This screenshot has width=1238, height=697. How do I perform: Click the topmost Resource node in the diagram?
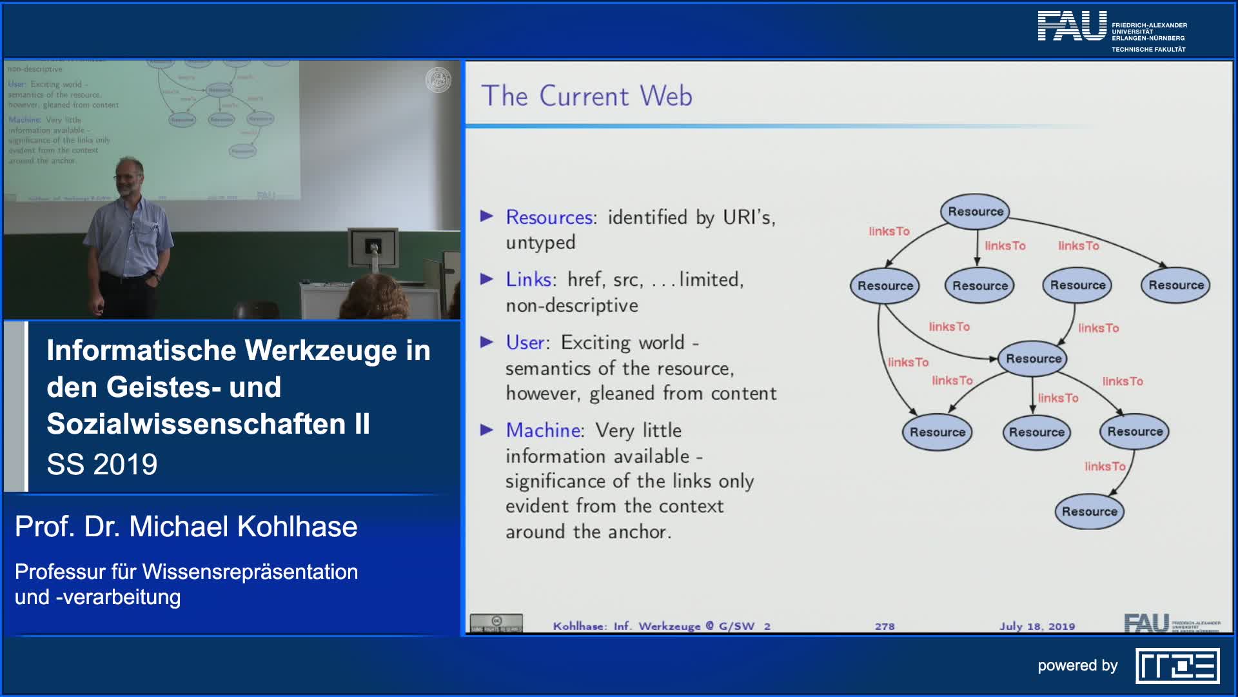point(975,212)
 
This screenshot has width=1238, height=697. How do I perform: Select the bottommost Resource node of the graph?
point(1089,512)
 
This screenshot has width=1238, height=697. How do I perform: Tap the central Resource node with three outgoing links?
point(1033,359)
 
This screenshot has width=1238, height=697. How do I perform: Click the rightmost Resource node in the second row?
point(1175,285)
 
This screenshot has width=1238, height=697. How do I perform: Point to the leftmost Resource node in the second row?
point(885,286)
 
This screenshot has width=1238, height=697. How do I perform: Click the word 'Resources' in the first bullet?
point(549,217)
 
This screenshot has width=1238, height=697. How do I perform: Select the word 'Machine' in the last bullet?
point(544,430)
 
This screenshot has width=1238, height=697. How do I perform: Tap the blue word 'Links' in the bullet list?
point(528,279)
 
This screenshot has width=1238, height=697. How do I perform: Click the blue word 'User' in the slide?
point(526,343)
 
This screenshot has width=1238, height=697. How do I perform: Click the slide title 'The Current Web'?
point(586,96)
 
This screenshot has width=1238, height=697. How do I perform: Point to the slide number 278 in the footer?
point(885,626)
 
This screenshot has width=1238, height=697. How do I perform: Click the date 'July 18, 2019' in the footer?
point(1037,626)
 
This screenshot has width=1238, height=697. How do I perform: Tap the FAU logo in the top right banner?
point(1072,27)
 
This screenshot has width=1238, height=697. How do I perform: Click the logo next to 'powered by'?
point(1177,666)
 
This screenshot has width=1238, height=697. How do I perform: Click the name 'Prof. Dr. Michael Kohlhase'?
point(186,527)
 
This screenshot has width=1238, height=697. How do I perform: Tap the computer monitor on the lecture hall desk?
point(373,247)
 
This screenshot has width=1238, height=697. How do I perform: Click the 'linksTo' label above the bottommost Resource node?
point(1104,467)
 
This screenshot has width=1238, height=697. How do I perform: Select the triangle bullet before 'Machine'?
point(487,430)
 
